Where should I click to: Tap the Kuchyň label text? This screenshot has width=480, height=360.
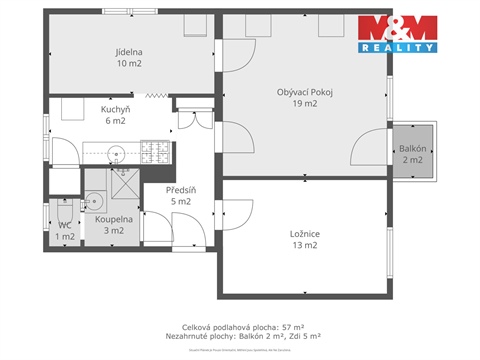(113, 109)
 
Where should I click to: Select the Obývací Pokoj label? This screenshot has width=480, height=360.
(304, 93)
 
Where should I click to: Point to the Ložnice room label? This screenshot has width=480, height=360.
(304, 234)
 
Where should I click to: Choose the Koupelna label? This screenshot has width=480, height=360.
(103, 218)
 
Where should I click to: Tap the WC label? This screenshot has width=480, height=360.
(63, 225)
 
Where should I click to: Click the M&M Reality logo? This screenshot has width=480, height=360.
(397, 36)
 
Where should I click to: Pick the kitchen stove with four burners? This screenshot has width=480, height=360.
(155, 151)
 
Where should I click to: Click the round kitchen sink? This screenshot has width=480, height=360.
(117, 153)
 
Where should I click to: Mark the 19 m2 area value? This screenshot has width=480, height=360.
(304, 105)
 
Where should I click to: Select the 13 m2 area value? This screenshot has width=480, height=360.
(304, 246)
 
